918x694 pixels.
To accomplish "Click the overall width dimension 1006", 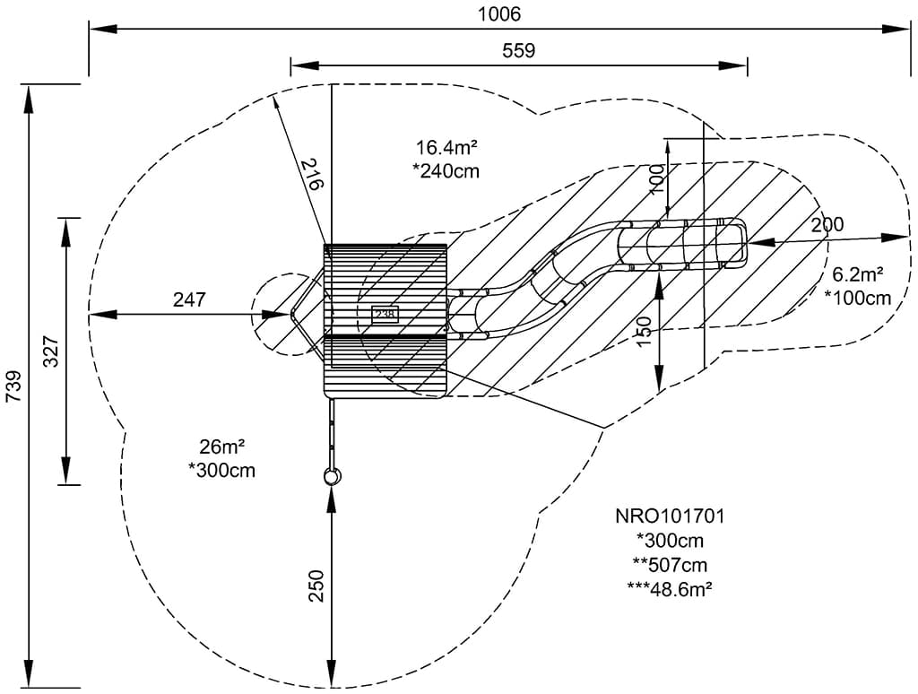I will (498, 14).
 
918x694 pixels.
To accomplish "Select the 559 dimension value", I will (518, 51).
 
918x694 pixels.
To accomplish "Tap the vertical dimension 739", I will (13, 387).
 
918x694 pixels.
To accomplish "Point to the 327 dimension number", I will (51, 351).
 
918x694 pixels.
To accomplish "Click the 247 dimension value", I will (189, 299).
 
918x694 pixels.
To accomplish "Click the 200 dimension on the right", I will (827, 225).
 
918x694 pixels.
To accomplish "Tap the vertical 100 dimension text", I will (657, 180).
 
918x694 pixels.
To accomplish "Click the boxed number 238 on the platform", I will (385, 315).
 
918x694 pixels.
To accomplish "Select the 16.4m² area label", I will (446, 147).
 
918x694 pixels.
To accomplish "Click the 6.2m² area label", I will (858, 275).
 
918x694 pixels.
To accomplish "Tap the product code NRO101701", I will (670, 516).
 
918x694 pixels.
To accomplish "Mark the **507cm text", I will (670, 564).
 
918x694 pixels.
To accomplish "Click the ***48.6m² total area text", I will (670, 588).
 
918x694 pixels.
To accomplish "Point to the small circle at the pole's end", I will (333, 476).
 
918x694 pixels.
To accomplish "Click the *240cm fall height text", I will (446, 170).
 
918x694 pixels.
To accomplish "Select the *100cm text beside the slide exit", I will (858, 298).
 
